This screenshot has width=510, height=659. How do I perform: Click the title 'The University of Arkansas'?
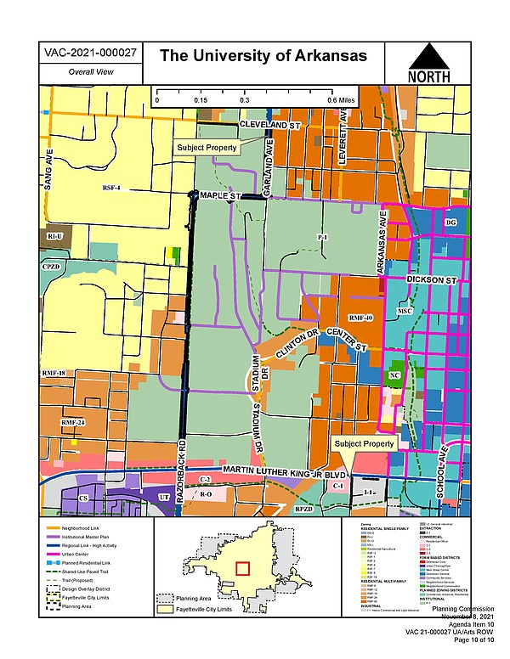pyautogui.click(x=263, y=56)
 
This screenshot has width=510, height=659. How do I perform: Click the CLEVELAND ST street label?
pyautogui.click(x=269, y=125)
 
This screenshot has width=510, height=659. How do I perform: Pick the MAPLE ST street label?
pyautogui.click(x=221, y=196)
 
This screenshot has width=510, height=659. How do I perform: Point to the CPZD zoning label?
pyautogui.click(x=52, y=267)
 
